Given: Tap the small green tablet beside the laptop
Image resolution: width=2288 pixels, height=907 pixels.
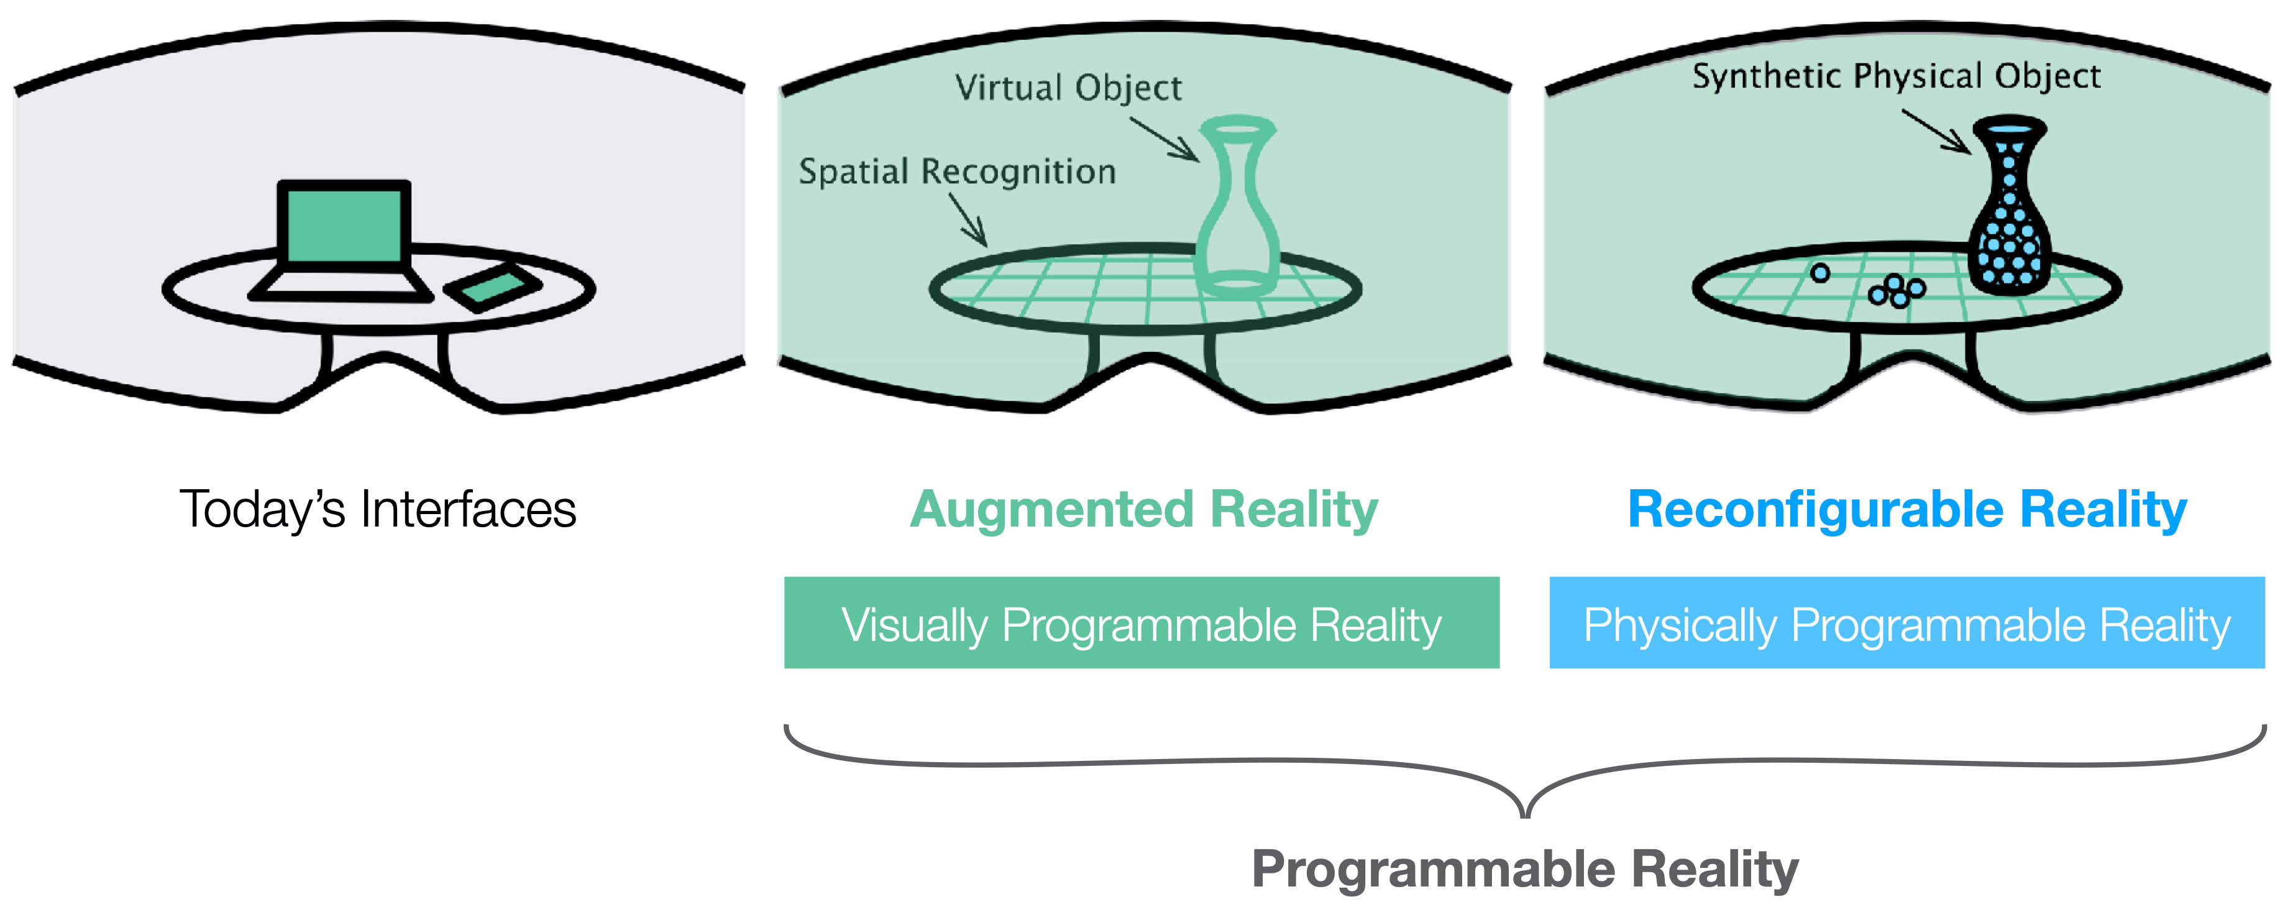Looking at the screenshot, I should click(493, 288).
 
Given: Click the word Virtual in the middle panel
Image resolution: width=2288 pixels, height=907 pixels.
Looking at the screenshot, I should click(1009, 88).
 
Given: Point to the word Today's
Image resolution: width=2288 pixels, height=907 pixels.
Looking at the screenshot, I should click(262, 510).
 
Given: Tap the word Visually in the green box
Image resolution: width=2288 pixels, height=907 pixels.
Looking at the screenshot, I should click(914, 625).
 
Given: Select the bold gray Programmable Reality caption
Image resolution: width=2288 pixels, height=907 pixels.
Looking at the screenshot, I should click(1524, 869).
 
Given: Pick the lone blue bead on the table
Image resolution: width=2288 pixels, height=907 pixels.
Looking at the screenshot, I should click(1820, 274).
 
